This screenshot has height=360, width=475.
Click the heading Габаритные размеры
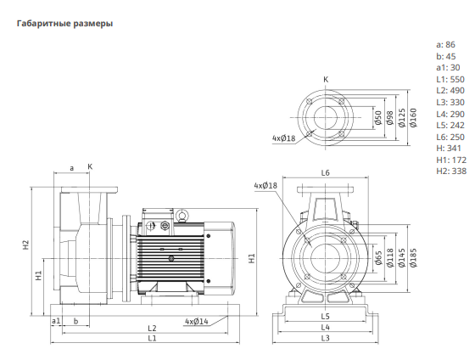coord(64,24)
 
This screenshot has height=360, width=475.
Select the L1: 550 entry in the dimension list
coord(450,79)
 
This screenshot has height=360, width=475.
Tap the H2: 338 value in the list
coord(451,171)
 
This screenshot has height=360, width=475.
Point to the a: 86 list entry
coord(445,45)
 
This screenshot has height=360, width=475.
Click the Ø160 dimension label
coord(413,118)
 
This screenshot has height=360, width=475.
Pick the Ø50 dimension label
coord(377,118)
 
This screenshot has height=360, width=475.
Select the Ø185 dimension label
coord(413,258)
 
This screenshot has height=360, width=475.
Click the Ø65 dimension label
coord(378,258)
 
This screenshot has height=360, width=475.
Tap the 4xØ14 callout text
coord(197,321)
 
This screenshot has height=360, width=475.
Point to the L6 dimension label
coord(325,173)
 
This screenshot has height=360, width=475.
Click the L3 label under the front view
coord(325,338)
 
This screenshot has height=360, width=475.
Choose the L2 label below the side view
coord(152,328)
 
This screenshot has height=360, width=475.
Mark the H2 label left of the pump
coord(26,245)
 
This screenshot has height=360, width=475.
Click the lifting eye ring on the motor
coord(182,215)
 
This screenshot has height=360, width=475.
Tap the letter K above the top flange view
coord(326,80)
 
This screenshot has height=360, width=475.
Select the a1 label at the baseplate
coord(56,321)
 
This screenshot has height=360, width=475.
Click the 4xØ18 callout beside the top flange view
coord(283,138)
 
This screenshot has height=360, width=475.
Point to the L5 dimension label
coord(325,317)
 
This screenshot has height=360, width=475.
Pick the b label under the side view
coord(75,321)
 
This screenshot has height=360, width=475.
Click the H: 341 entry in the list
coord(449,149)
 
